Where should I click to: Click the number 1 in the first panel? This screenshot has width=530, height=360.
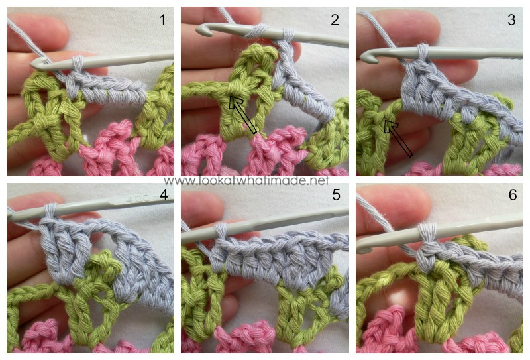pos(162,20)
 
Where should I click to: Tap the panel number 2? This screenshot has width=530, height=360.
pos(335,20)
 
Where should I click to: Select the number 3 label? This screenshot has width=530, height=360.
pos(511,20)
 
